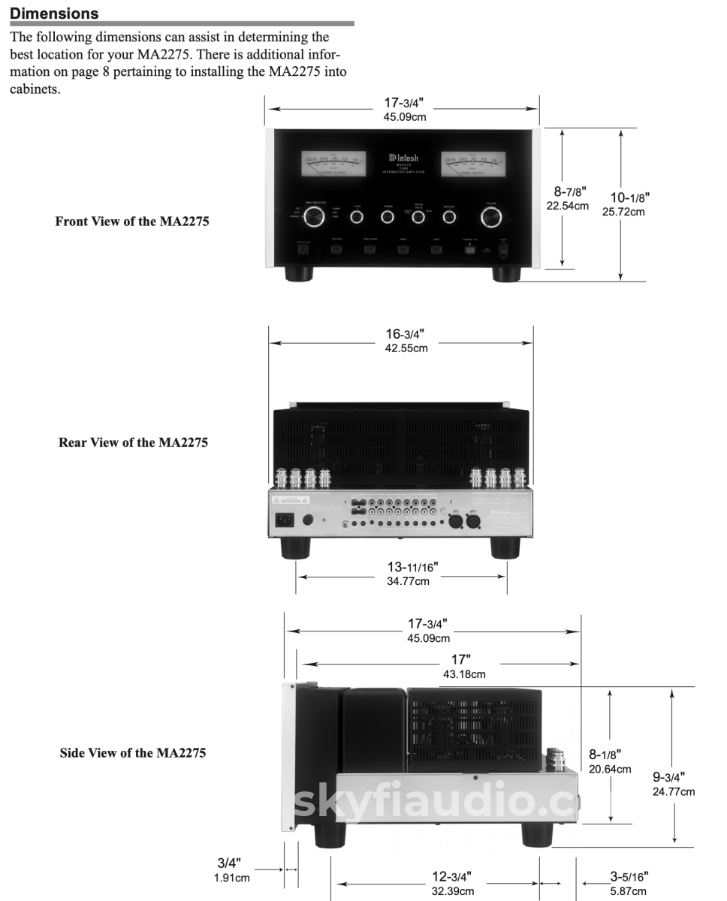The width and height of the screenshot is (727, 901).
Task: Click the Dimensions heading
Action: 54,14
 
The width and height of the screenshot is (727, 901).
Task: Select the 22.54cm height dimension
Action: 569,206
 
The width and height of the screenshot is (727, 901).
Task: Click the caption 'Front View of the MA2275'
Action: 132,221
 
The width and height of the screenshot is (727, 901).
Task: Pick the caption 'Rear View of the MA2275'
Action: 133,442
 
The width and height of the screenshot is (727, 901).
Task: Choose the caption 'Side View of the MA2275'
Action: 133,752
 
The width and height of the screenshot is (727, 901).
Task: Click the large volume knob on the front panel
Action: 493,217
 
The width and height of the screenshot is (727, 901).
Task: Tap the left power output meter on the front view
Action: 333,163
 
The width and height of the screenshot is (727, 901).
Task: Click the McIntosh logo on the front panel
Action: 403,158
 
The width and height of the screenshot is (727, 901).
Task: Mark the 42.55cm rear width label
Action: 406,348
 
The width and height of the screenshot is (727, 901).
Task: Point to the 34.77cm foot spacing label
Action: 408,582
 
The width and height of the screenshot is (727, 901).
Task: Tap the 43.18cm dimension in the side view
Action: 463,674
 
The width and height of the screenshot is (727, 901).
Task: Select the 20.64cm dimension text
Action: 610,769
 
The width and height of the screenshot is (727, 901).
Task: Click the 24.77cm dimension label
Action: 674,791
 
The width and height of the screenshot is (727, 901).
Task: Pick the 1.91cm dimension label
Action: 231,877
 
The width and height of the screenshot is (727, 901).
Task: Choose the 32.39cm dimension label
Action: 452,891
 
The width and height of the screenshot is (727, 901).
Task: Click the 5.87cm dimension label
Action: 628,891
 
